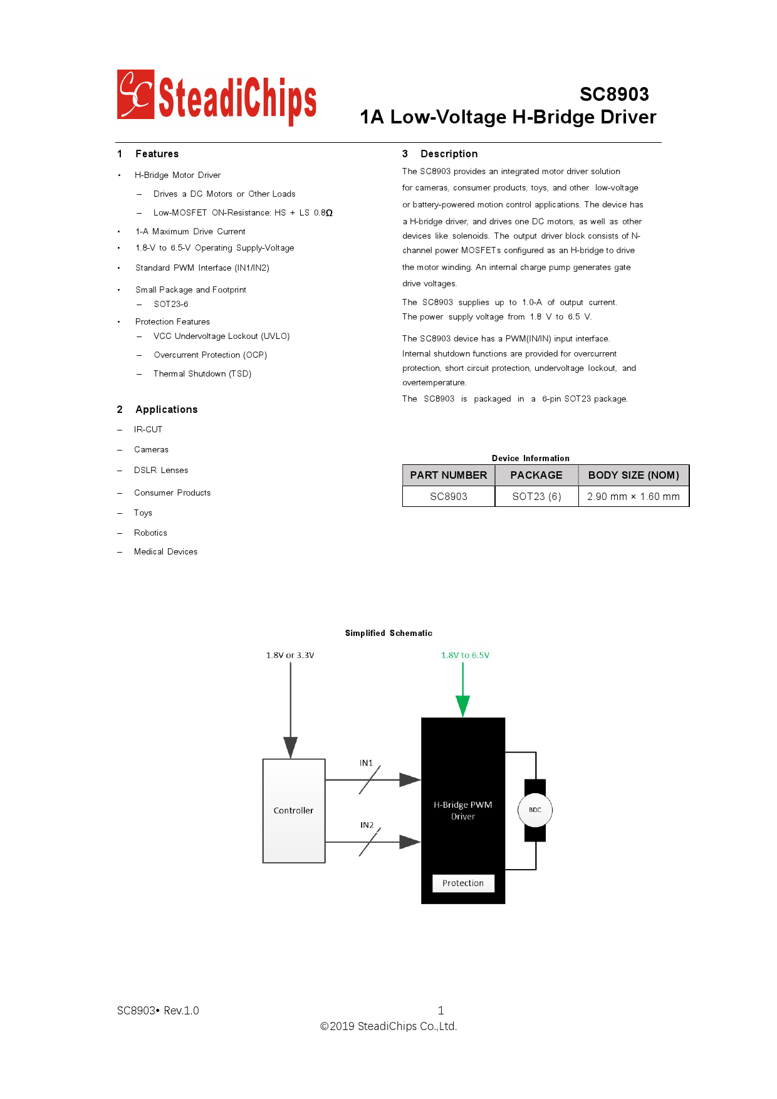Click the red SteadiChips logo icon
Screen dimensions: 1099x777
135,95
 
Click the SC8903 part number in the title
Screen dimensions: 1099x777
613,94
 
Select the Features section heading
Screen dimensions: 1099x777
157,154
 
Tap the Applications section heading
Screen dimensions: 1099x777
166,410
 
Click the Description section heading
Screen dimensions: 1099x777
449,154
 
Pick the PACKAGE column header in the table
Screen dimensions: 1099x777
536,475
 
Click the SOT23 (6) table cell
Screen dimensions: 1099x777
536,496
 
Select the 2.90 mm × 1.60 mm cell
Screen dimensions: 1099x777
633,496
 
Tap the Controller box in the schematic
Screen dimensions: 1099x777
293,811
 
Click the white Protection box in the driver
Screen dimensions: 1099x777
462,883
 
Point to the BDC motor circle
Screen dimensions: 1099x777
535,810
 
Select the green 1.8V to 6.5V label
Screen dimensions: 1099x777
465,655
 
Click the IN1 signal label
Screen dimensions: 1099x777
366,763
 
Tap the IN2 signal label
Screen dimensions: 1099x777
367,825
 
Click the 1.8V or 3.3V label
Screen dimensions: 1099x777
290,655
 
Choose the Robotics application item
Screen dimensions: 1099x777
150,533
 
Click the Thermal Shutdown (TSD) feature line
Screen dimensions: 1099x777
202,374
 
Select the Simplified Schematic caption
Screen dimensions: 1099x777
388,633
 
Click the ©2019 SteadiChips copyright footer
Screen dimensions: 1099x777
388,1026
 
